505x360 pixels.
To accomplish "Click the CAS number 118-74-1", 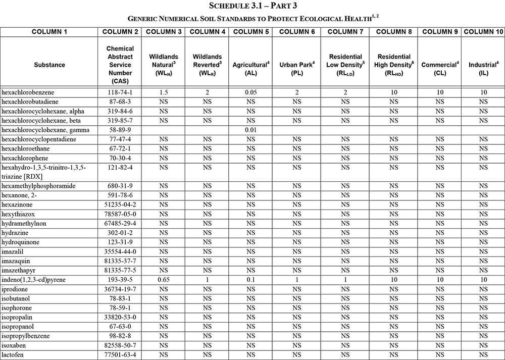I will [120, 93].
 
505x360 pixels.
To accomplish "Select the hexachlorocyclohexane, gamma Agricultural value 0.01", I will [250, 130].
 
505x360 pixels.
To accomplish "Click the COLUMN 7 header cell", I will [345, 32].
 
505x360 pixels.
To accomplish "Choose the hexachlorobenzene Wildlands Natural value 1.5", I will [163, 93].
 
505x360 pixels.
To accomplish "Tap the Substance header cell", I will [49, 65].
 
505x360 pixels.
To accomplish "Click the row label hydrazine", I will [15, 233].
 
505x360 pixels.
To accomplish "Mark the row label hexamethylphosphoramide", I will [38, 186].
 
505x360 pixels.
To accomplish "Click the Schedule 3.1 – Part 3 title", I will [252, 6].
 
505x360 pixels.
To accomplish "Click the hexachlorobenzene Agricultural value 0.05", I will [250, 93].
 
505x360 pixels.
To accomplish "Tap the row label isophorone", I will [17, 308].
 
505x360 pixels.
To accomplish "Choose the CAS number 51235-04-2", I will [120, 205].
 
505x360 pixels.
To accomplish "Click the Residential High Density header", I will [394, 65].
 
